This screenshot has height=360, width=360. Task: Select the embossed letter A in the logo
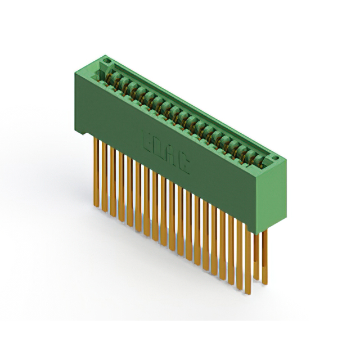tap(172, 156)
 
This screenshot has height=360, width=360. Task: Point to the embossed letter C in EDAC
tap(185, 164)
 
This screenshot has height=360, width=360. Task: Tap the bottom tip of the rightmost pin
tap(265, 283)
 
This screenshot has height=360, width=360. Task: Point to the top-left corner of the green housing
tap(75, 71)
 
